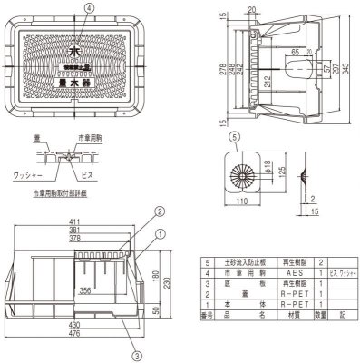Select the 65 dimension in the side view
click(x=296, y=53)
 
